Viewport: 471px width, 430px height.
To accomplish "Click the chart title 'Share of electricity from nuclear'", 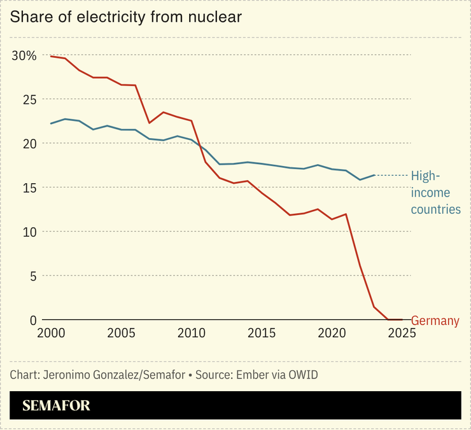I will (x=126, y=17).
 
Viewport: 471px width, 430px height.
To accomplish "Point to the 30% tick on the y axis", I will (x=24, y=55).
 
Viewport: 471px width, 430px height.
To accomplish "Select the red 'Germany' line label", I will (x=435, y=321).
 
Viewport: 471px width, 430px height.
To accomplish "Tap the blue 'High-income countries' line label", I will (x=435, y=192).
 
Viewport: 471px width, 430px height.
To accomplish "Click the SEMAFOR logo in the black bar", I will (x=57, y=406).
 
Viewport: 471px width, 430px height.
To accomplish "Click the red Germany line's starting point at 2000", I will (x=51, y=57).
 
